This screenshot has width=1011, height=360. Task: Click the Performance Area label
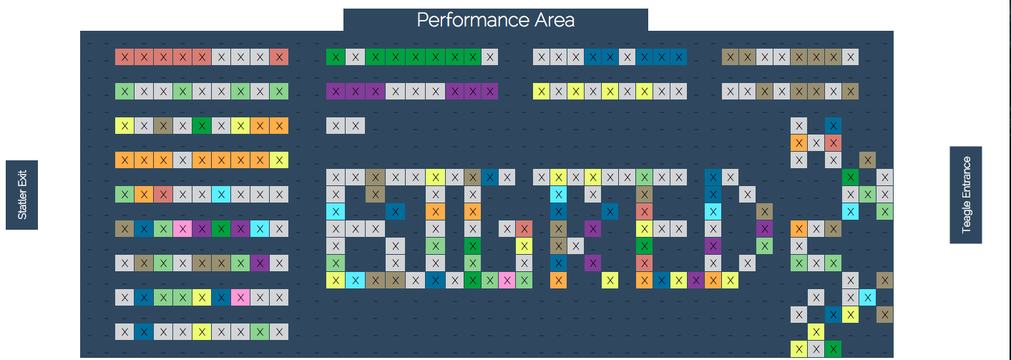pos(495,19)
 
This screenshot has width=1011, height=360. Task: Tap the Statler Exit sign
pos(21,195)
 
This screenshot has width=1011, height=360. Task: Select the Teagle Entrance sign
pos(966,195)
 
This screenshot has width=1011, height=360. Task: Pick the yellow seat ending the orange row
pos(280,160)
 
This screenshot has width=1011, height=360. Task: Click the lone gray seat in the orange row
pos(183,160)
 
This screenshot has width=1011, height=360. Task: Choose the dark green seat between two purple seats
pos(222,228)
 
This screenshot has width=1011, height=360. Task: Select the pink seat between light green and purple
pos(183,228)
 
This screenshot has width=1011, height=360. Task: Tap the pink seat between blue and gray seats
pos(241,297)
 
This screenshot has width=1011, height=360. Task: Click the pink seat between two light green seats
pos(507,280)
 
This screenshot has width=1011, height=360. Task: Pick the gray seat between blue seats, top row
pos(627,57)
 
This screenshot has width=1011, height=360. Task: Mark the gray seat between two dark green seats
pos(353,57)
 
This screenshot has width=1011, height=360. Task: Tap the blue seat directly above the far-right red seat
pos(833,125)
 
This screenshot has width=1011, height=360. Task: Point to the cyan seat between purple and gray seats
pos(260,228)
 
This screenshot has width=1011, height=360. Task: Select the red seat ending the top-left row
pos(280,57)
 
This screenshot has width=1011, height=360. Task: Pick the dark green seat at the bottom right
pos(833,349)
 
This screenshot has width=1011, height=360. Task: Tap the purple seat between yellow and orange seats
pos(694,280)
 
